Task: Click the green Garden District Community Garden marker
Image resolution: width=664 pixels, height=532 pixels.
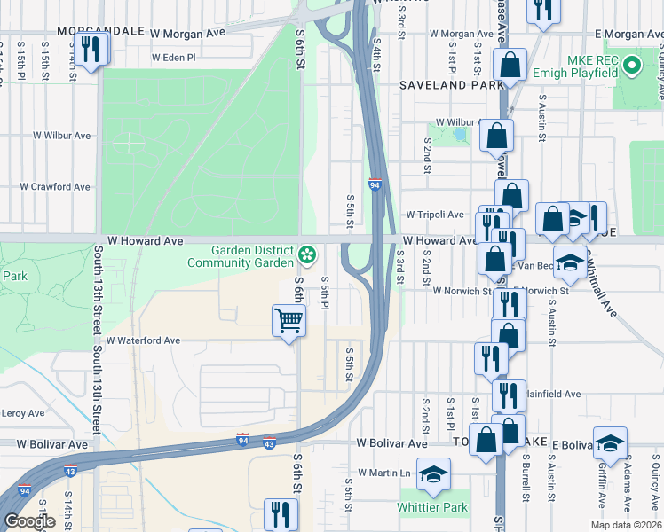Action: coord(307,255)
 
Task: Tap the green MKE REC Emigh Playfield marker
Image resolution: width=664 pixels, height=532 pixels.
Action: coord(631,65)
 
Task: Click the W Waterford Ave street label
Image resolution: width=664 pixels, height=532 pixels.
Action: coord(143,340)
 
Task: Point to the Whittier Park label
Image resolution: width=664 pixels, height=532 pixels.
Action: coord(432,508)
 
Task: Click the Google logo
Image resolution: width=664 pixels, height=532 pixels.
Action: coord(29,521)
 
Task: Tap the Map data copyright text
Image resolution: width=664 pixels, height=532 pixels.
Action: coord(626,525)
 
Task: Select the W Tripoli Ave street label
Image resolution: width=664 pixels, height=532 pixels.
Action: coord(435,215)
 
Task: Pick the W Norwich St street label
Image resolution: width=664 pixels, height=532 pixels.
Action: coord(461,291)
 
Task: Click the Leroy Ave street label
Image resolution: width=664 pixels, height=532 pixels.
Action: coord(23,413)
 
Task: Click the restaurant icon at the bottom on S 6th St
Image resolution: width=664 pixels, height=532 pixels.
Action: coord(281,514)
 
